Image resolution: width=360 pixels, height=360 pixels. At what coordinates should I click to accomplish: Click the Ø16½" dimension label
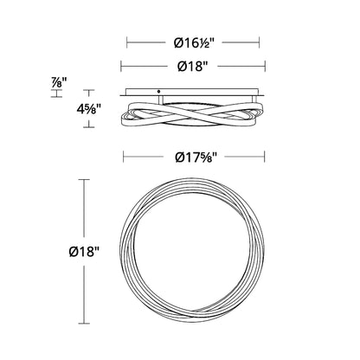(x=194, y=43)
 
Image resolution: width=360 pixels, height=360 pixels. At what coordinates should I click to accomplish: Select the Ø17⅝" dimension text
(x=196, y=157)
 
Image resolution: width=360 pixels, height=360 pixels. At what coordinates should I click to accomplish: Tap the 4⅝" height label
(x=89, y=109)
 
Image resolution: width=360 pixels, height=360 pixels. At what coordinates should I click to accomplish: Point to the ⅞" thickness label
(x=59, y=83)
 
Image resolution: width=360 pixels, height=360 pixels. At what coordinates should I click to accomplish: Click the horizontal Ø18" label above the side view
(x=193, y=67)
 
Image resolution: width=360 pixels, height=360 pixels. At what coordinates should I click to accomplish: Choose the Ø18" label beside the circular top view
(x=84, y=252)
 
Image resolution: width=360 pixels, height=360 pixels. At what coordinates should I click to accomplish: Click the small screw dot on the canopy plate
(x=158, y=92)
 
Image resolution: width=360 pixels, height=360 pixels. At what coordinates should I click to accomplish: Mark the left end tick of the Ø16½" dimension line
(x=127, y=42)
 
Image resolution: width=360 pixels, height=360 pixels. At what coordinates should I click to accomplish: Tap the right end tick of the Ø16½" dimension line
(x=260, y=42)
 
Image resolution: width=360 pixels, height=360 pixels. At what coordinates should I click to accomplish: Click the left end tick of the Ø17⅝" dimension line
(x=124, y=157)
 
